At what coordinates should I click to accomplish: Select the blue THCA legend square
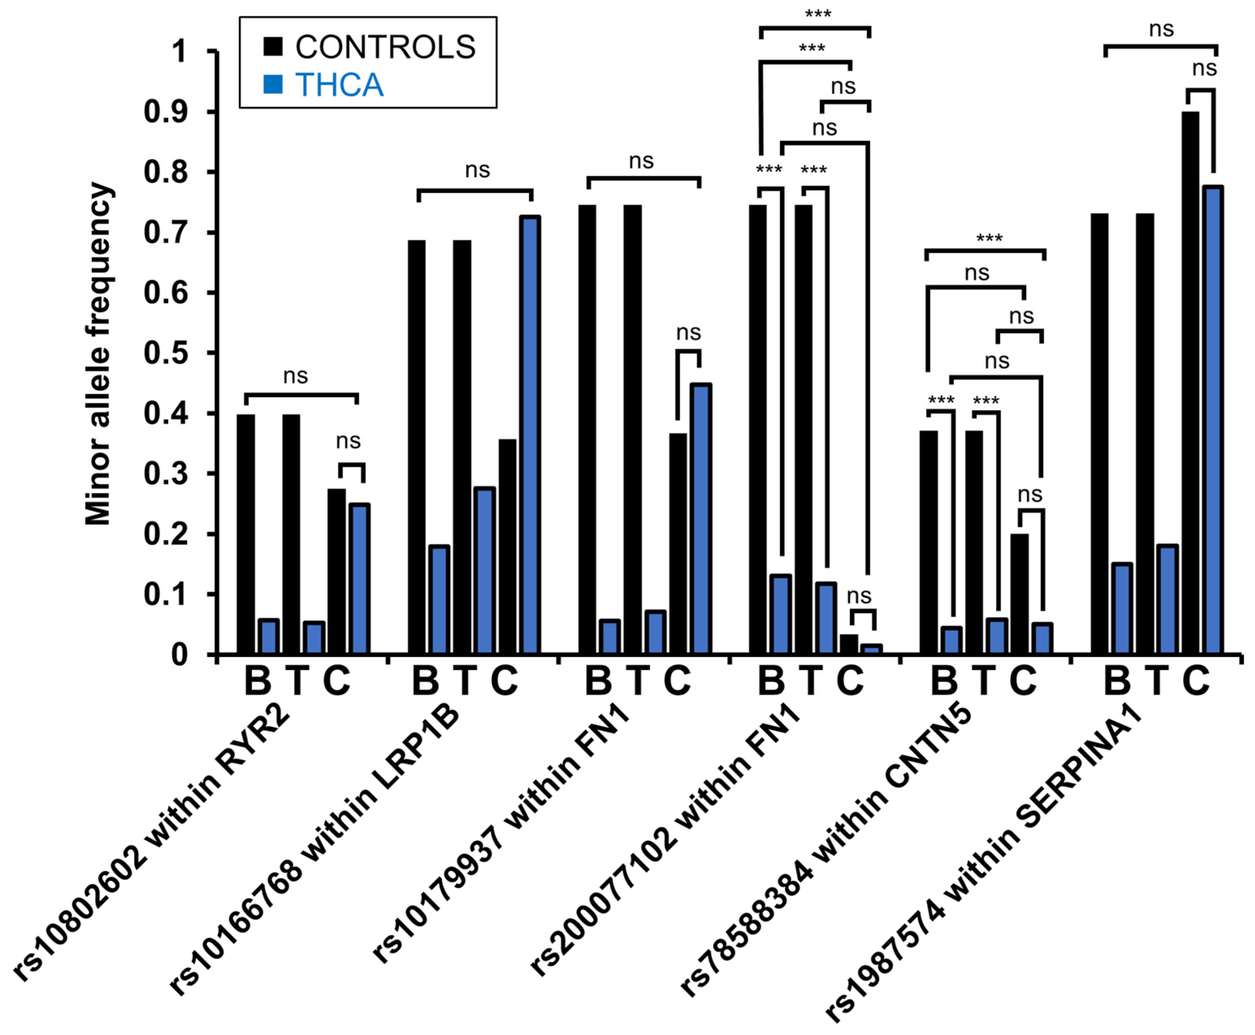click(x=273, y=84)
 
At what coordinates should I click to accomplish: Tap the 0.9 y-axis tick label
click(x=164, y=112)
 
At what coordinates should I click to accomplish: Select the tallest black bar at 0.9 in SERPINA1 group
click(x=1190, y=382)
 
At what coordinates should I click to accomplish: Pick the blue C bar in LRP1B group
click(x=530, y=435)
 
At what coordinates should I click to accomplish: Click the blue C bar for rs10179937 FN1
click(x=701, y=519)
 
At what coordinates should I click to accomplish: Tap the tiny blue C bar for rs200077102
click(x=872, y=649)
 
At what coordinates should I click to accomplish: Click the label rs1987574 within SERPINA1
click(x=984, y=858)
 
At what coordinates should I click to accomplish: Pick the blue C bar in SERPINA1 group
click(x=1213, y=420)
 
